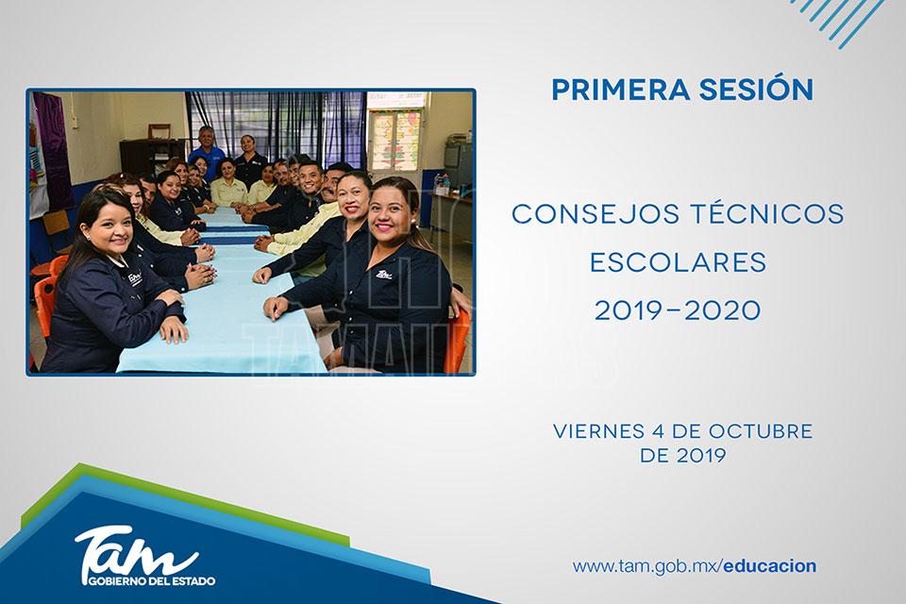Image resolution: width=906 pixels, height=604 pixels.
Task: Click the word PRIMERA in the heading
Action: tap(621, 90)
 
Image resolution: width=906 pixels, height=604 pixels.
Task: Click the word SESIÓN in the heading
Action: tap(756, 89)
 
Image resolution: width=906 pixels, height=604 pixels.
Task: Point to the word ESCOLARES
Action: tap(678, 263)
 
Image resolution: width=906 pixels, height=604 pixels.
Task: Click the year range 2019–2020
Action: tap(678, 311)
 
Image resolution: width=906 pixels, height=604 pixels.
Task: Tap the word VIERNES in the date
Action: tap(598, 431)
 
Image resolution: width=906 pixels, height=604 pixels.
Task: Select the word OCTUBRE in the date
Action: tap(761, 431)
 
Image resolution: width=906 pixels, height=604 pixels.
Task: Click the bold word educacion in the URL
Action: tap(770, 566)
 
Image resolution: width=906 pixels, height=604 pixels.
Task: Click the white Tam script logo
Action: tap(136, 552)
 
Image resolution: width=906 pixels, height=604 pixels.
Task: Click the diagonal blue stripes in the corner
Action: tap(838, 20)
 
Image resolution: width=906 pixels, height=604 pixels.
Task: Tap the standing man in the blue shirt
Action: tap(207, 149)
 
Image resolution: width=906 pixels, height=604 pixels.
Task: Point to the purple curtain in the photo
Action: tap(53, 150)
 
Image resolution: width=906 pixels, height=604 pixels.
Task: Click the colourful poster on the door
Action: tap(395, 141)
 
